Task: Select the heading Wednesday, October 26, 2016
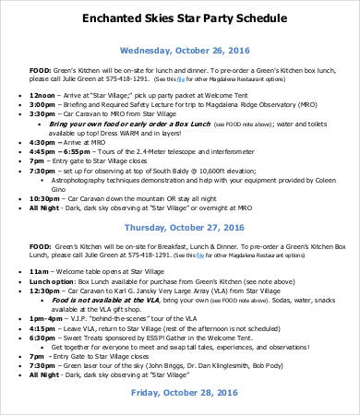179,51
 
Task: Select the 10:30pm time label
45,197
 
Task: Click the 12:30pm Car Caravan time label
45,297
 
